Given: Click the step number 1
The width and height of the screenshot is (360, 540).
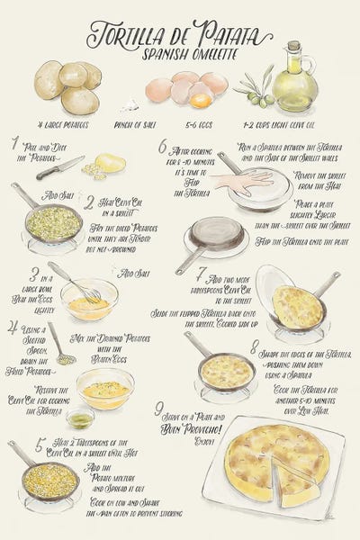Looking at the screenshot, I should pyautogui.click(x=15, y=143).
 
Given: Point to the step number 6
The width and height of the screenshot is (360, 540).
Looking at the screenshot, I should pyautogui.click(x=163, y=147).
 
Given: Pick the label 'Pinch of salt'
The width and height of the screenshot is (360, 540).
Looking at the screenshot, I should pyautogui.click(x=135, y=123).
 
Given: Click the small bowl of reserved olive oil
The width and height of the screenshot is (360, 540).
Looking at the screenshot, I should pyautogui.click(x=80, y=418).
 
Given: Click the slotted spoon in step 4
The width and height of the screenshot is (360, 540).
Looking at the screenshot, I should pyautogui.click(x=60, y=348).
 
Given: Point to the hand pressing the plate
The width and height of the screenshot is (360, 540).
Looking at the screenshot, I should pyautogui.click(x=241, y=181).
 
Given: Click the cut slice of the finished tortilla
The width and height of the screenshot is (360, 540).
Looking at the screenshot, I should pyautogui.click(x=296, y=482).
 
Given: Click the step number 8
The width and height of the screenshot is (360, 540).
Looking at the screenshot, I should pyautogui.click(x=255, y=346).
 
